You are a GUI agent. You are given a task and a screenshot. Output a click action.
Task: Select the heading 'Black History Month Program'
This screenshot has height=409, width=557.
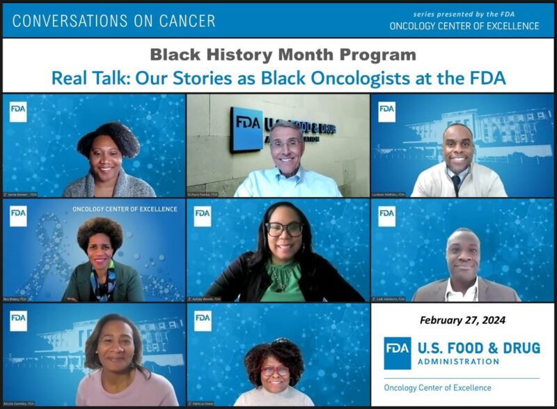click(x=284, y=54)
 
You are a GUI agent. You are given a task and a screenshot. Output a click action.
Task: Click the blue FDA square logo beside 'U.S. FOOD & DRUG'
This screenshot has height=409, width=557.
click(x=397, y=353)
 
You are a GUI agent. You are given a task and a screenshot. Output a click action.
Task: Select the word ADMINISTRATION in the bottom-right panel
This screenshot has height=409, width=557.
click(x=460, y=362)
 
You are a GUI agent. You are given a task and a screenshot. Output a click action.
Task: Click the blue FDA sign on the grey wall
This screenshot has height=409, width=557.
click(x=246, y=130)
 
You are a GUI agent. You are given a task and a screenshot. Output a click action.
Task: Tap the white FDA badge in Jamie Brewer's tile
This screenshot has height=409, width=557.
click(x=18, y=111)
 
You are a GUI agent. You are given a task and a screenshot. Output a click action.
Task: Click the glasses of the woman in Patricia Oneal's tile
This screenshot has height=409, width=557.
click(x=275, y=371)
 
